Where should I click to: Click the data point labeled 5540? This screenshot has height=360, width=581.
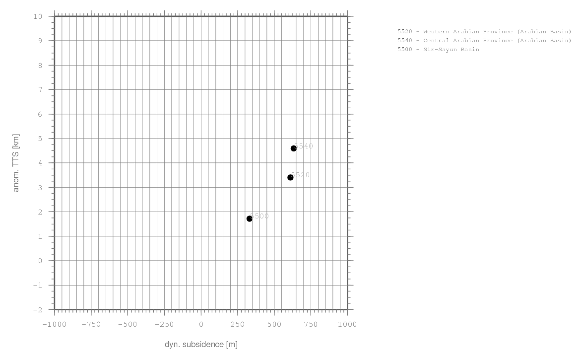pyautogui.click(x=294, y=148)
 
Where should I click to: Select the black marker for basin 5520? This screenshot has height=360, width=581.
pyautogui.click(x=291, y=177)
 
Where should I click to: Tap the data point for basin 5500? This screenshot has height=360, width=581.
pyautogui.click(x=250, y=218)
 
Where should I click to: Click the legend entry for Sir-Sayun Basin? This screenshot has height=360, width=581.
pyautogui.click(x=438, y=50)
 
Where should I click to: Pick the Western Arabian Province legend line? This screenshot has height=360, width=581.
pyautogui.click(x=484, y=32)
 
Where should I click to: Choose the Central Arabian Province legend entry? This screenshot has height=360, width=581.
pyautogui.click(x=484, y=41)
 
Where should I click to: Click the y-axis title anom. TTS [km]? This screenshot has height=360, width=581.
pyautogui.click(x=16, y=163)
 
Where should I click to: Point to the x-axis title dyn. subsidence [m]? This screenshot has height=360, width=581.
pyautogui.click(x=201, y=345)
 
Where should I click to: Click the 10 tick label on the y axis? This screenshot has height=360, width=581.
pyautogui.click(x=38, y=16)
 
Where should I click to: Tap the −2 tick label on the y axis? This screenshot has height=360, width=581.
pyautogui.click(x=38, y=310)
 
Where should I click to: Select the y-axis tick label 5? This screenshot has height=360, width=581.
pyautogui.click(x=40, y=139)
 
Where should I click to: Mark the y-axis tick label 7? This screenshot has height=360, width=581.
pyautogui.click(x=40, y=90)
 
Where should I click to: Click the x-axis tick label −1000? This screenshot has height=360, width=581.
pyautogui.click(x=55, y=325)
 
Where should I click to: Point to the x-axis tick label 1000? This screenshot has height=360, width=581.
pyautogui.click(x=347, y=325)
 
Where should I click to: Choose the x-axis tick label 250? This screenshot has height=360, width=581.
pyautogui.click(x=238, y=325)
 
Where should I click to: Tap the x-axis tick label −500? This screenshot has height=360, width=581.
pyautogui.click(x=128, y=325)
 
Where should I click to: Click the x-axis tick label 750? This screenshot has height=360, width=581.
pyautogui.click(x=311, y=325)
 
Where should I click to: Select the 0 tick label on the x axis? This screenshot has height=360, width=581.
pyautogui.click(x=201, y=325)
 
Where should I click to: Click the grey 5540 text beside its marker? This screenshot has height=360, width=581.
pyautogui.click(x=304, y=146)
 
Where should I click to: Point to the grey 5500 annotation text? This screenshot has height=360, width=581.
pyautogui.click(x=260, y=216)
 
